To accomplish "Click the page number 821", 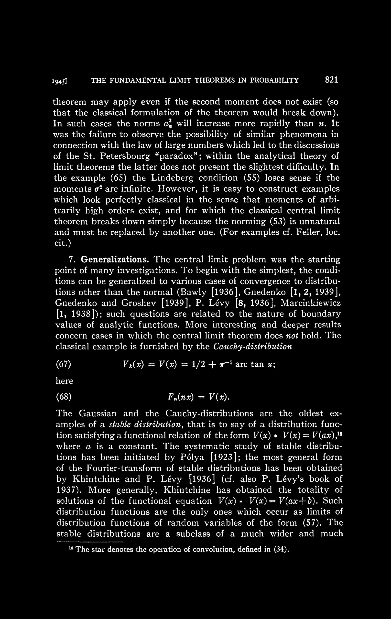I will [x=331, y=80].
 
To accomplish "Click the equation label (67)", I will [x=64, y=365].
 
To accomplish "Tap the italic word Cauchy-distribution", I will [x=253, y=347].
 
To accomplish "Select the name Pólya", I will [x=192, y=457].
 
